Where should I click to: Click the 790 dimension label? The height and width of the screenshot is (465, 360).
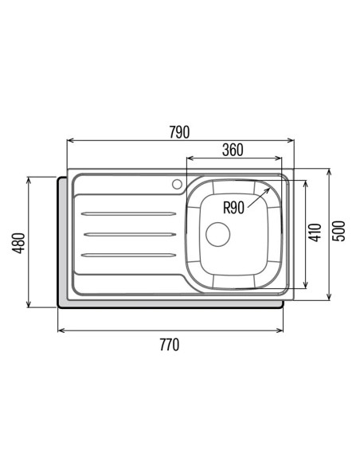(179, 132)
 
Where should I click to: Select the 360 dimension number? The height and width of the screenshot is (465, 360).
(233, 150)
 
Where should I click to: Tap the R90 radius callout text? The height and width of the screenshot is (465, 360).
(233, 207)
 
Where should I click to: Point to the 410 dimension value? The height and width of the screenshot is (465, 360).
(315, 232)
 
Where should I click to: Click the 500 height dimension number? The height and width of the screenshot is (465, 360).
(338, 231)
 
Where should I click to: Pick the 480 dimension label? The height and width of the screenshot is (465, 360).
(18, 243)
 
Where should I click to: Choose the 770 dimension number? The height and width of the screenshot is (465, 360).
(170, 345)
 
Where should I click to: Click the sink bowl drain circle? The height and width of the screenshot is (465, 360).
(218, 234)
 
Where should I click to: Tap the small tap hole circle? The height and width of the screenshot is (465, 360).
(177, 184)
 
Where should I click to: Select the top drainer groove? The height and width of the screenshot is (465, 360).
(128, 213)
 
